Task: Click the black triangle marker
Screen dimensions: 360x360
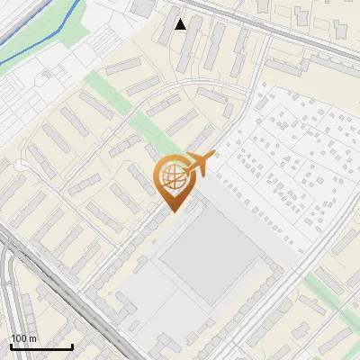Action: click(x=181, y=24)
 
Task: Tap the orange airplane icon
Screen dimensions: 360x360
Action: click(x=199, y=164)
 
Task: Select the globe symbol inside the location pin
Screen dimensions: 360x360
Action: click(x=171, y=177)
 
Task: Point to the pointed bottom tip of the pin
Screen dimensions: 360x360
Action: click(x=172, y=212)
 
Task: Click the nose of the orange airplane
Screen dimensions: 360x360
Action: click(x=214, y=156)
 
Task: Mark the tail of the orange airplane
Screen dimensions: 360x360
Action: click(x=185, y=170)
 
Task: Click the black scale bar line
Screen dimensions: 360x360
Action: click(x=41, y=347)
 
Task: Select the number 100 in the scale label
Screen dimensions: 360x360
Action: click(x=19, y=338)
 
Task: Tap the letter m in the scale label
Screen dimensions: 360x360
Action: click(x=32, y=338)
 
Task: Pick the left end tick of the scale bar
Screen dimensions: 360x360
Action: click(x=11, y=346)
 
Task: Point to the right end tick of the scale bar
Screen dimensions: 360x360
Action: click(x=72, y=346)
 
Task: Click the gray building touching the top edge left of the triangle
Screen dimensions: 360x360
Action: click(x=141, y=7)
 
